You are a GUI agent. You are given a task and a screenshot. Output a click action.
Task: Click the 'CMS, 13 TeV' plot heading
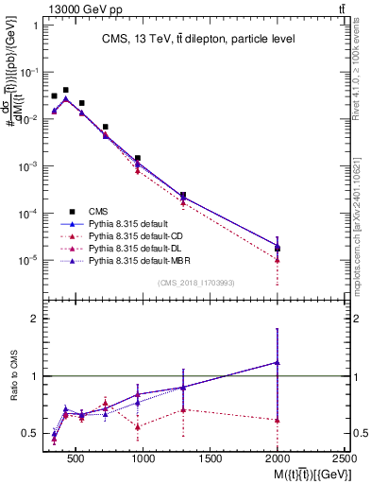click(x=199, y=39)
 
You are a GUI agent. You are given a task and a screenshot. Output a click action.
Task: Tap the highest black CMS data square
click(x=65, y=90)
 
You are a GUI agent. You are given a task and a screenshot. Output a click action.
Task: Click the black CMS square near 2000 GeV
click(x=277, y=249)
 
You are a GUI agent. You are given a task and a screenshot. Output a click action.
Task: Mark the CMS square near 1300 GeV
click(x=183, y=195)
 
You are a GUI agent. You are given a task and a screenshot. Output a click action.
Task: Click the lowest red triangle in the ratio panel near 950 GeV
click(x=138, y=426)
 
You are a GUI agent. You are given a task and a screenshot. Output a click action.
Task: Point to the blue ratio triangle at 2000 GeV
click(x=277, y=362)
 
